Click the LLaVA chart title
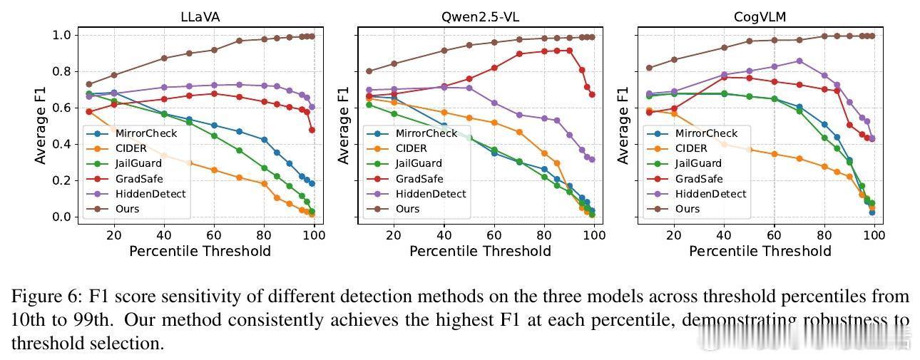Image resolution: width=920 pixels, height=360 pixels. [200, 17]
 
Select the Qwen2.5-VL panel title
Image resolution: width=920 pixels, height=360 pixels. [480, 17]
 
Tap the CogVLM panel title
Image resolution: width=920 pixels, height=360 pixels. [760, 17]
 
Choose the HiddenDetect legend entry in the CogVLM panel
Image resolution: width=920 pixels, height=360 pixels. [710, 194]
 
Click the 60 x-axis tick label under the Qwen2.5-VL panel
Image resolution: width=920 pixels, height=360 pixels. [494, 235]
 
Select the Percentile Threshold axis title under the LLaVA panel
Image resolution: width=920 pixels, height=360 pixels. [200, 251]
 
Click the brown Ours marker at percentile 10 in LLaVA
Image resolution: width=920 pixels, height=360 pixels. [89, 84]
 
